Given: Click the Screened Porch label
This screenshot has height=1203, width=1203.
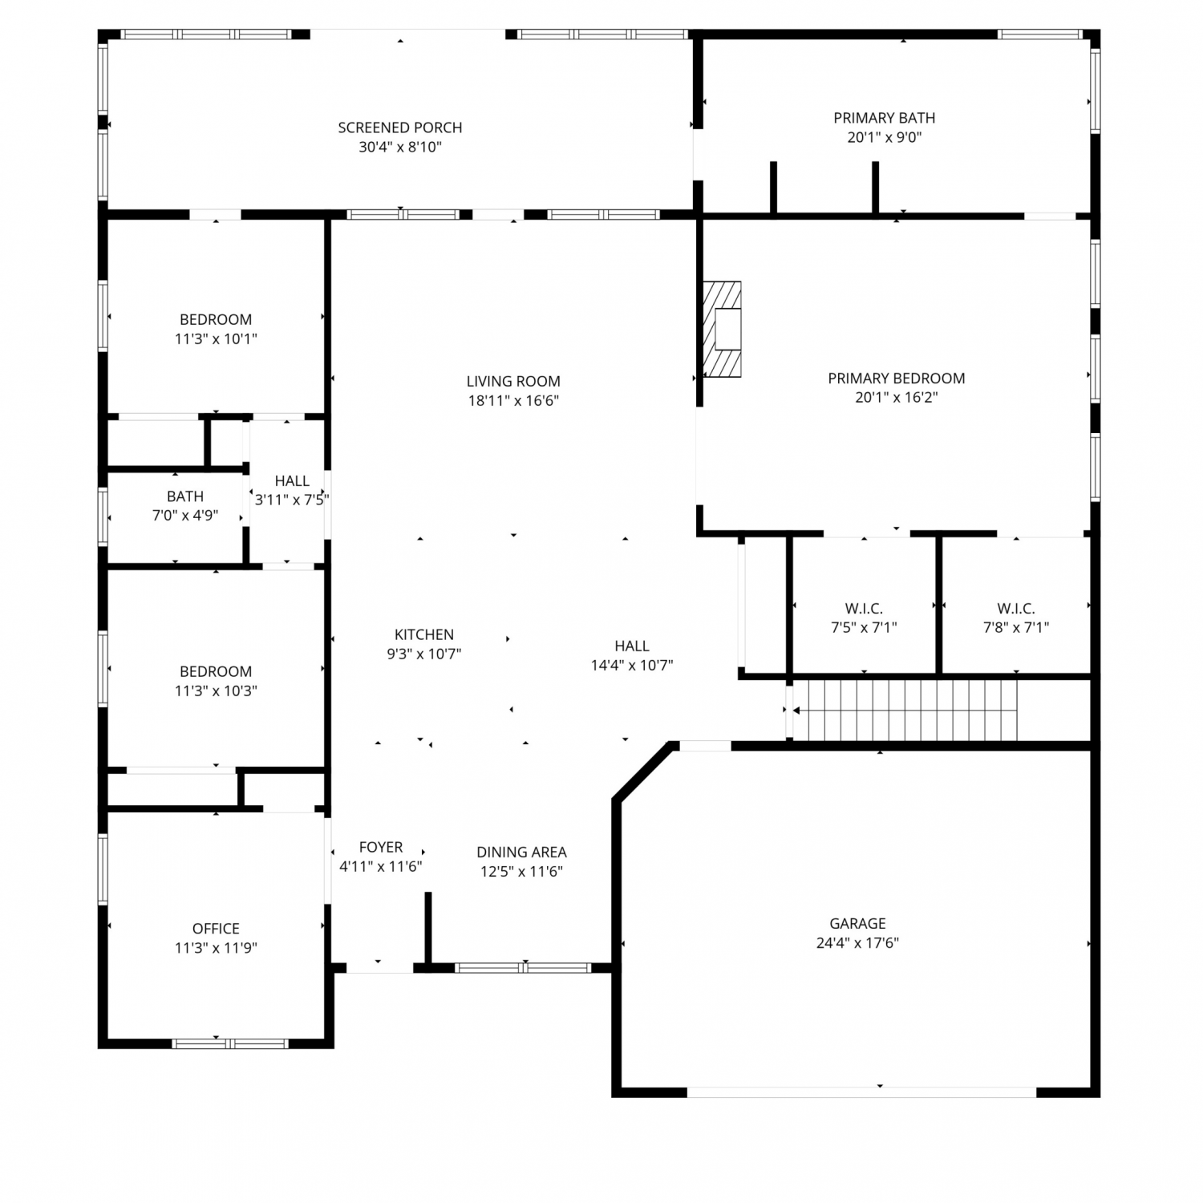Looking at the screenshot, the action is coord(399,128).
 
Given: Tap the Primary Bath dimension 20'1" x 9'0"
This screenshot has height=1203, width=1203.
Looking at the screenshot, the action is coord(885,137).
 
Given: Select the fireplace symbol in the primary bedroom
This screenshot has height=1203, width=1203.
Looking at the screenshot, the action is coord(722,329).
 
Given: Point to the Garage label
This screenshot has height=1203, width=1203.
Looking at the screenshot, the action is coord(857,923).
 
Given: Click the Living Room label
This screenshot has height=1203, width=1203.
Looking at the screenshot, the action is coord(513,381).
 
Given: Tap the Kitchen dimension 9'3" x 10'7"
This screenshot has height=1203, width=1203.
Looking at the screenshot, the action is coord(424,654).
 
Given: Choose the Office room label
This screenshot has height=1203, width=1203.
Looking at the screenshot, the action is coord(216,928).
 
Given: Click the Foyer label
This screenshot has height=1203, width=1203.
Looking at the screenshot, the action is coord(381,847).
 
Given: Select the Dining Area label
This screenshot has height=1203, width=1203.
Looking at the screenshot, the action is coord(521,852).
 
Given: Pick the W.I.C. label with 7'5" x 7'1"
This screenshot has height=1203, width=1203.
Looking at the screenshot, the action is coord(864,609).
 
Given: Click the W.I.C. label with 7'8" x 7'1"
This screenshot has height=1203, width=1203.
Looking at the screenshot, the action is coord(1016,609).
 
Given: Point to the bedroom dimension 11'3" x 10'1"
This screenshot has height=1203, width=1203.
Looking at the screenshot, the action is coord(216,338).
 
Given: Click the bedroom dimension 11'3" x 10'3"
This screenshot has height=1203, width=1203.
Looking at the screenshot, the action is coord(216,691).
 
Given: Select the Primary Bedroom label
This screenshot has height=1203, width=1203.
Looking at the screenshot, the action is coord(897,378).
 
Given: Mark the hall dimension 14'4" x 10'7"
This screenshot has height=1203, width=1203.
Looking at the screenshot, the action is coord(632,665).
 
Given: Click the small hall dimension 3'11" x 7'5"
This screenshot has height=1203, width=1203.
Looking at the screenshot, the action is coord(292,500).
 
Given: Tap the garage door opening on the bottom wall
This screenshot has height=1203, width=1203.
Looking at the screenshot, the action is coord(862,1092).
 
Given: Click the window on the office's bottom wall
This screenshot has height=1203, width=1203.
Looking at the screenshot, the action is coord(230,1043).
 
